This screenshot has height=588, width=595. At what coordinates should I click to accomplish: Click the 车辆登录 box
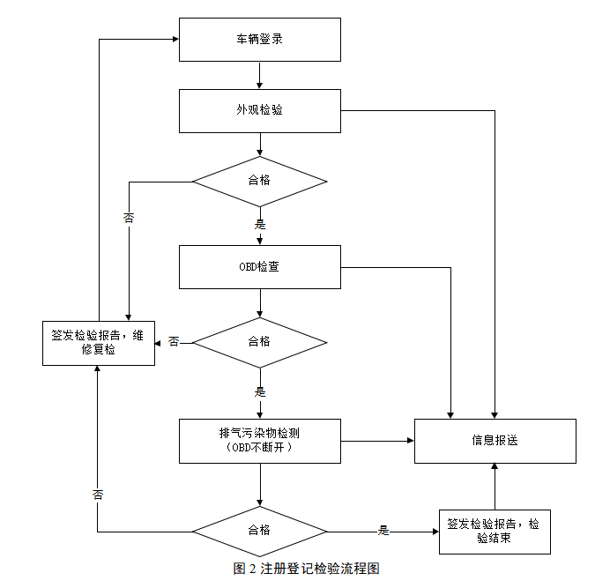[x=259, y=40]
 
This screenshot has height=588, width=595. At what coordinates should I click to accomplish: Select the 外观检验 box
[x=259, y=110]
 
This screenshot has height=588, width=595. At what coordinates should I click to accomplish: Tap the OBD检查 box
[x=259, y=266]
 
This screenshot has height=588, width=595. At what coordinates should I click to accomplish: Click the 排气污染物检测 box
[x=259, y=440]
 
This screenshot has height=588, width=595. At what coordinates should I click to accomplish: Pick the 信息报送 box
[x=495, y=440]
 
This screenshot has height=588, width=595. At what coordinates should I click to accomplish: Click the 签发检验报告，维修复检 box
[x=98, y=342]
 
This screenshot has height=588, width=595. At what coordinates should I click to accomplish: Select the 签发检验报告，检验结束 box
[x=494, y=531]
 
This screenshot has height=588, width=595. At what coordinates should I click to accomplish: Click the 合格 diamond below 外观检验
[x=259, y=181]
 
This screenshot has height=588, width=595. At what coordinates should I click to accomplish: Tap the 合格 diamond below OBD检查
[x=259, y=341]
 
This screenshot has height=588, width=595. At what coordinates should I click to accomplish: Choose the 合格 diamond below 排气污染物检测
[x=259, y=531]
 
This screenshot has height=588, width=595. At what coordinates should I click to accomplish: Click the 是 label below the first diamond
[x=259, y=224]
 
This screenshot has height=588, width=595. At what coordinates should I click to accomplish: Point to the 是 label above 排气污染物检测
[x=259, y=391]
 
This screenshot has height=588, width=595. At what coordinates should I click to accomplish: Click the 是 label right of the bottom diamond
[x=383, y=531]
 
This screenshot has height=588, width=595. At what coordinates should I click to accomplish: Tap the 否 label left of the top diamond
[x=129, y=218]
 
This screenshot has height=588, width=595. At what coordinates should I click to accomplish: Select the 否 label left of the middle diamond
[x=174, y=341]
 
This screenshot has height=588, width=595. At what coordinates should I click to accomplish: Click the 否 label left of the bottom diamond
[x=98, y=495]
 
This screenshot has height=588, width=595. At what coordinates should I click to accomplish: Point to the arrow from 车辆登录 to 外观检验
[x=259, y=75]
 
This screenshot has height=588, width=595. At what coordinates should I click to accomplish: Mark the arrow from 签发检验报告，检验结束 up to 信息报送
[x=494, y=486]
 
